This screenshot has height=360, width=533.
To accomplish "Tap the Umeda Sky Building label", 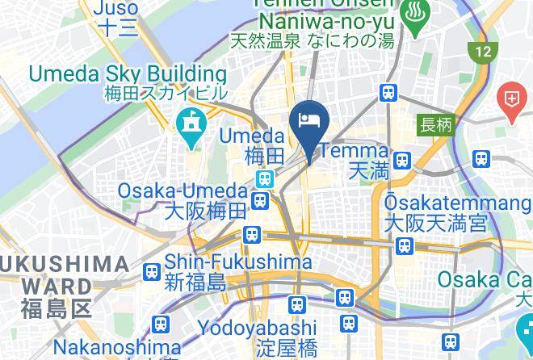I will pos(128,73).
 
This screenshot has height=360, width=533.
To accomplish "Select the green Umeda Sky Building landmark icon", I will pos(191,128).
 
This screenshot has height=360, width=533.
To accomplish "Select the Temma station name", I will pos(357,150).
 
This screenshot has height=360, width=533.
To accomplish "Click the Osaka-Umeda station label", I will pos(182,191).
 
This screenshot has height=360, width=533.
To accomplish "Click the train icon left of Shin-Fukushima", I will pos(150,272).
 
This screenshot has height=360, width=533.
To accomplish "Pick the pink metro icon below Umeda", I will pos(263,178).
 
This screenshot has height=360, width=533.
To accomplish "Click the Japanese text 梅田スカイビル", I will pos(166,93).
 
